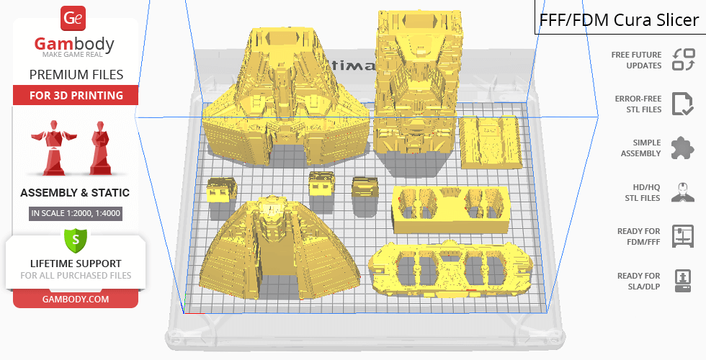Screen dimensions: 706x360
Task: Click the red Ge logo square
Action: click(x=73, y=18)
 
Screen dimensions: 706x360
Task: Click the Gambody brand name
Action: click(x=74, y=44)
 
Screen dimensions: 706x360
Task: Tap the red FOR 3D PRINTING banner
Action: click(x=76, y=95)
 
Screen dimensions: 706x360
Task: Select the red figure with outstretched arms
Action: click(x=53, y=147)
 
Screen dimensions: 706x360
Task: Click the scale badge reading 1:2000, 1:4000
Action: click(x=76, y=213)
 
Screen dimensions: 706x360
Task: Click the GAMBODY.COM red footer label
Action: click(x=76, y=300)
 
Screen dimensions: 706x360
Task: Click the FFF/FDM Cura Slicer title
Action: click(x=619, y=20)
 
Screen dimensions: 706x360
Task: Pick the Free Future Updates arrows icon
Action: click(x=684, y=60)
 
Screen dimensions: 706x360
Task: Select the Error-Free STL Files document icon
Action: click(x=683, y=104)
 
